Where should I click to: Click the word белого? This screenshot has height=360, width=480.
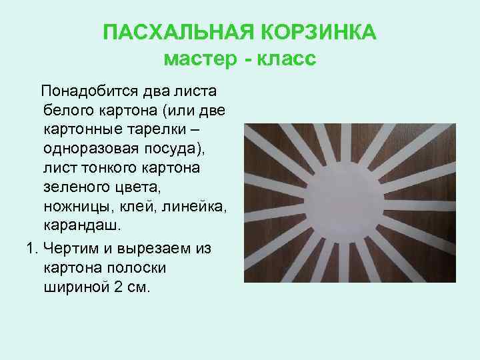click(67, 109)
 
